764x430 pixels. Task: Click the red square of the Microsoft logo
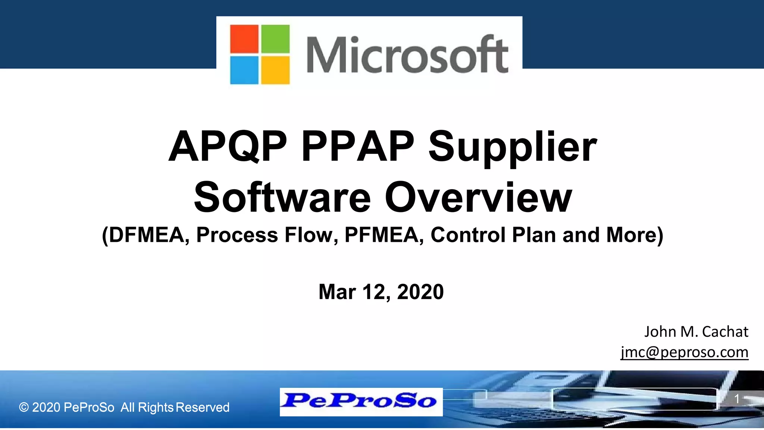point(244,39)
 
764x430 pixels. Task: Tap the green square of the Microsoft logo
point(275,39)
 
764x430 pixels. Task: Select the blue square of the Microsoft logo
point(244,70)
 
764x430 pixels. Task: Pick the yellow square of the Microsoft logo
point(275,70)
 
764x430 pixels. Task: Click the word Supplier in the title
point(513,147)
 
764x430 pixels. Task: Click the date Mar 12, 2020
point(381,292)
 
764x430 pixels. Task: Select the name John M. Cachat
point(696,331)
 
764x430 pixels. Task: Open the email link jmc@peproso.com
point(685,352)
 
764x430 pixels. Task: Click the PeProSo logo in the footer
point(361,402)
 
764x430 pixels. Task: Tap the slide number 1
point(737,399)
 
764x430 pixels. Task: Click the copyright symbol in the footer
point(24,407)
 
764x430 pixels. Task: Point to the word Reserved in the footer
point(203,407)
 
